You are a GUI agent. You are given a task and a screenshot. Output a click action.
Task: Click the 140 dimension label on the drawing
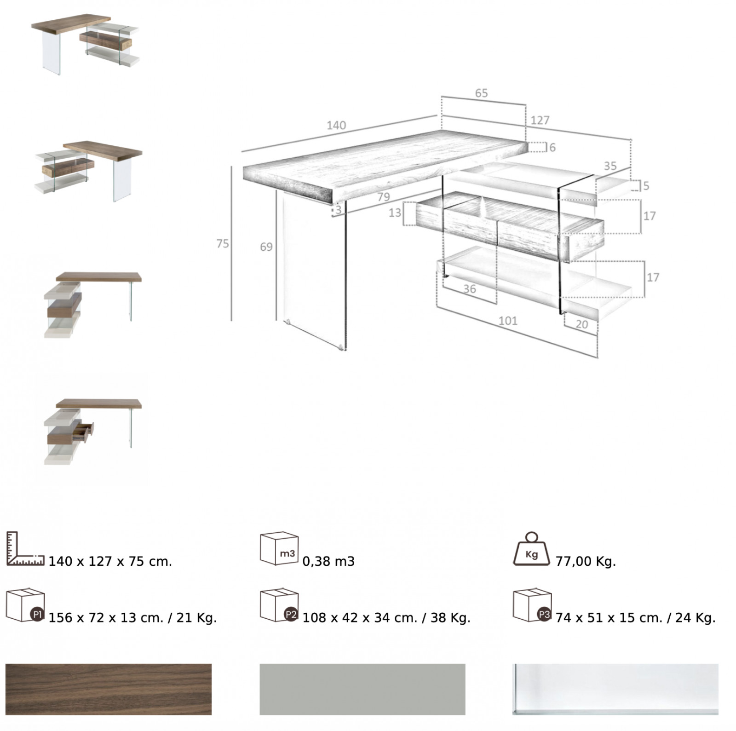[336, 125]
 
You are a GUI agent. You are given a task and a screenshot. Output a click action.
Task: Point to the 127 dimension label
[540, 120]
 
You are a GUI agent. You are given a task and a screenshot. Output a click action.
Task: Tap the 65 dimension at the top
[481, 93]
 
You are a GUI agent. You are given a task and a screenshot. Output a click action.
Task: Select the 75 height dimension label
[223, 244]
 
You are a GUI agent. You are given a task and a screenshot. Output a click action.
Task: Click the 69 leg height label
[266, 247]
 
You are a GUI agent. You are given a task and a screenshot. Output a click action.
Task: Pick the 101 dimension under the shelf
[508, 321]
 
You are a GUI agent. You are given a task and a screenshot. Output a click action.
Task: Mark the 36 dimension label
[470, 289]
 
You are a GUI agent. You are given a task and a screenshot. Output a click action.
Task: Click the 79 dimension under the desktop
[384, 197]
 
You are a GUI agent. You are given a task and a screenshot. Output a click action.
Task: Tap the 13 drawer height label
[395, 213]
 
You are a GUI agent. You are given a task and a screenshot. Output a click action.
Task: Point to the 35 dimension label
[610, 166]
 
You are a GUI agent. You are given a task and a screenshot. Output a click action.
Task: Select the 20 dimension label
[582, 324]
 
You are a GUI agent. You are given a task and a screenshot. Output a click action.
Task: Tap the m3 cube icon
[279, 549]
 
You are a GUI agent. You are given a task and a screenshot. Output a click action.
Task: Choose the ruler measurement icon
[25, 549]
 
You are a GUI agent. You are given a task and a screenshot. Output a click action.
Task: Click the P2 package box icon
[279, 605]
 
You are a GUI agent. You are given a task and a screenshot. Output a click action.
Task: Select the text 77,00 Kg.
[586, 561]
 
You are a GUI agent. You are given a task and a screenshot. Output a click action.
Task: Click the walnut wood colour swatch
[109, 689]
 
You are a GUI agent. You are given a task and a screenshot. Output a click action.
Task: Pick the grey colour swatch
[362, 689]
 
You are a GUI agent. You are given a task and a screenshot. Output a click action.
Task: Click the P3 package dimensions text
[635, 617]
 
